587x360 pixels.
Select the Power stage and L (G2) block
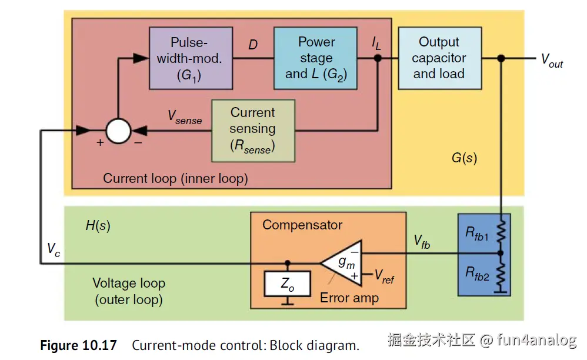[316, 58]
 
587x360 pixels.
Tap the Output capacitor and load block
[439, 58]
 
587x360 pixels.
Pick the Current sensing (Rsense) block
[252, 130]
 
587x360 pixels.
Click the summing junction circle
[118, 131]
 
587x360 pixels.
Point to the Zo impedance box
[287, 285]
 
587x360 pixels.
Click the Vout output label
[551, 59]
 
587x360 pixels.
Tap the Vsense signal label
[184, 118]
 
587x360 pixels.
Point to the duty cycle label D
[253, 45]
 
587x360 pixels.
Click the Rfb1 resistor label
[477, 233]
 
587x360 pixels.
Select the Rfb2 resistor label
[477, 274]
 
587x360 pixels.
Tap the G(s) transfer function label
[464, 158]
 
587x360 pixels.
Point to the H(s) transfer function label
[98, 225]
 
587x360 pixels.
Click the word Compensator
[302, 225]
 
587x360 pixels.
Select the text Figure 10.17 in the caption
[78, 345]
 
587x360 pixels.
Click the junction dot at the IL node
[378, 58]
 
